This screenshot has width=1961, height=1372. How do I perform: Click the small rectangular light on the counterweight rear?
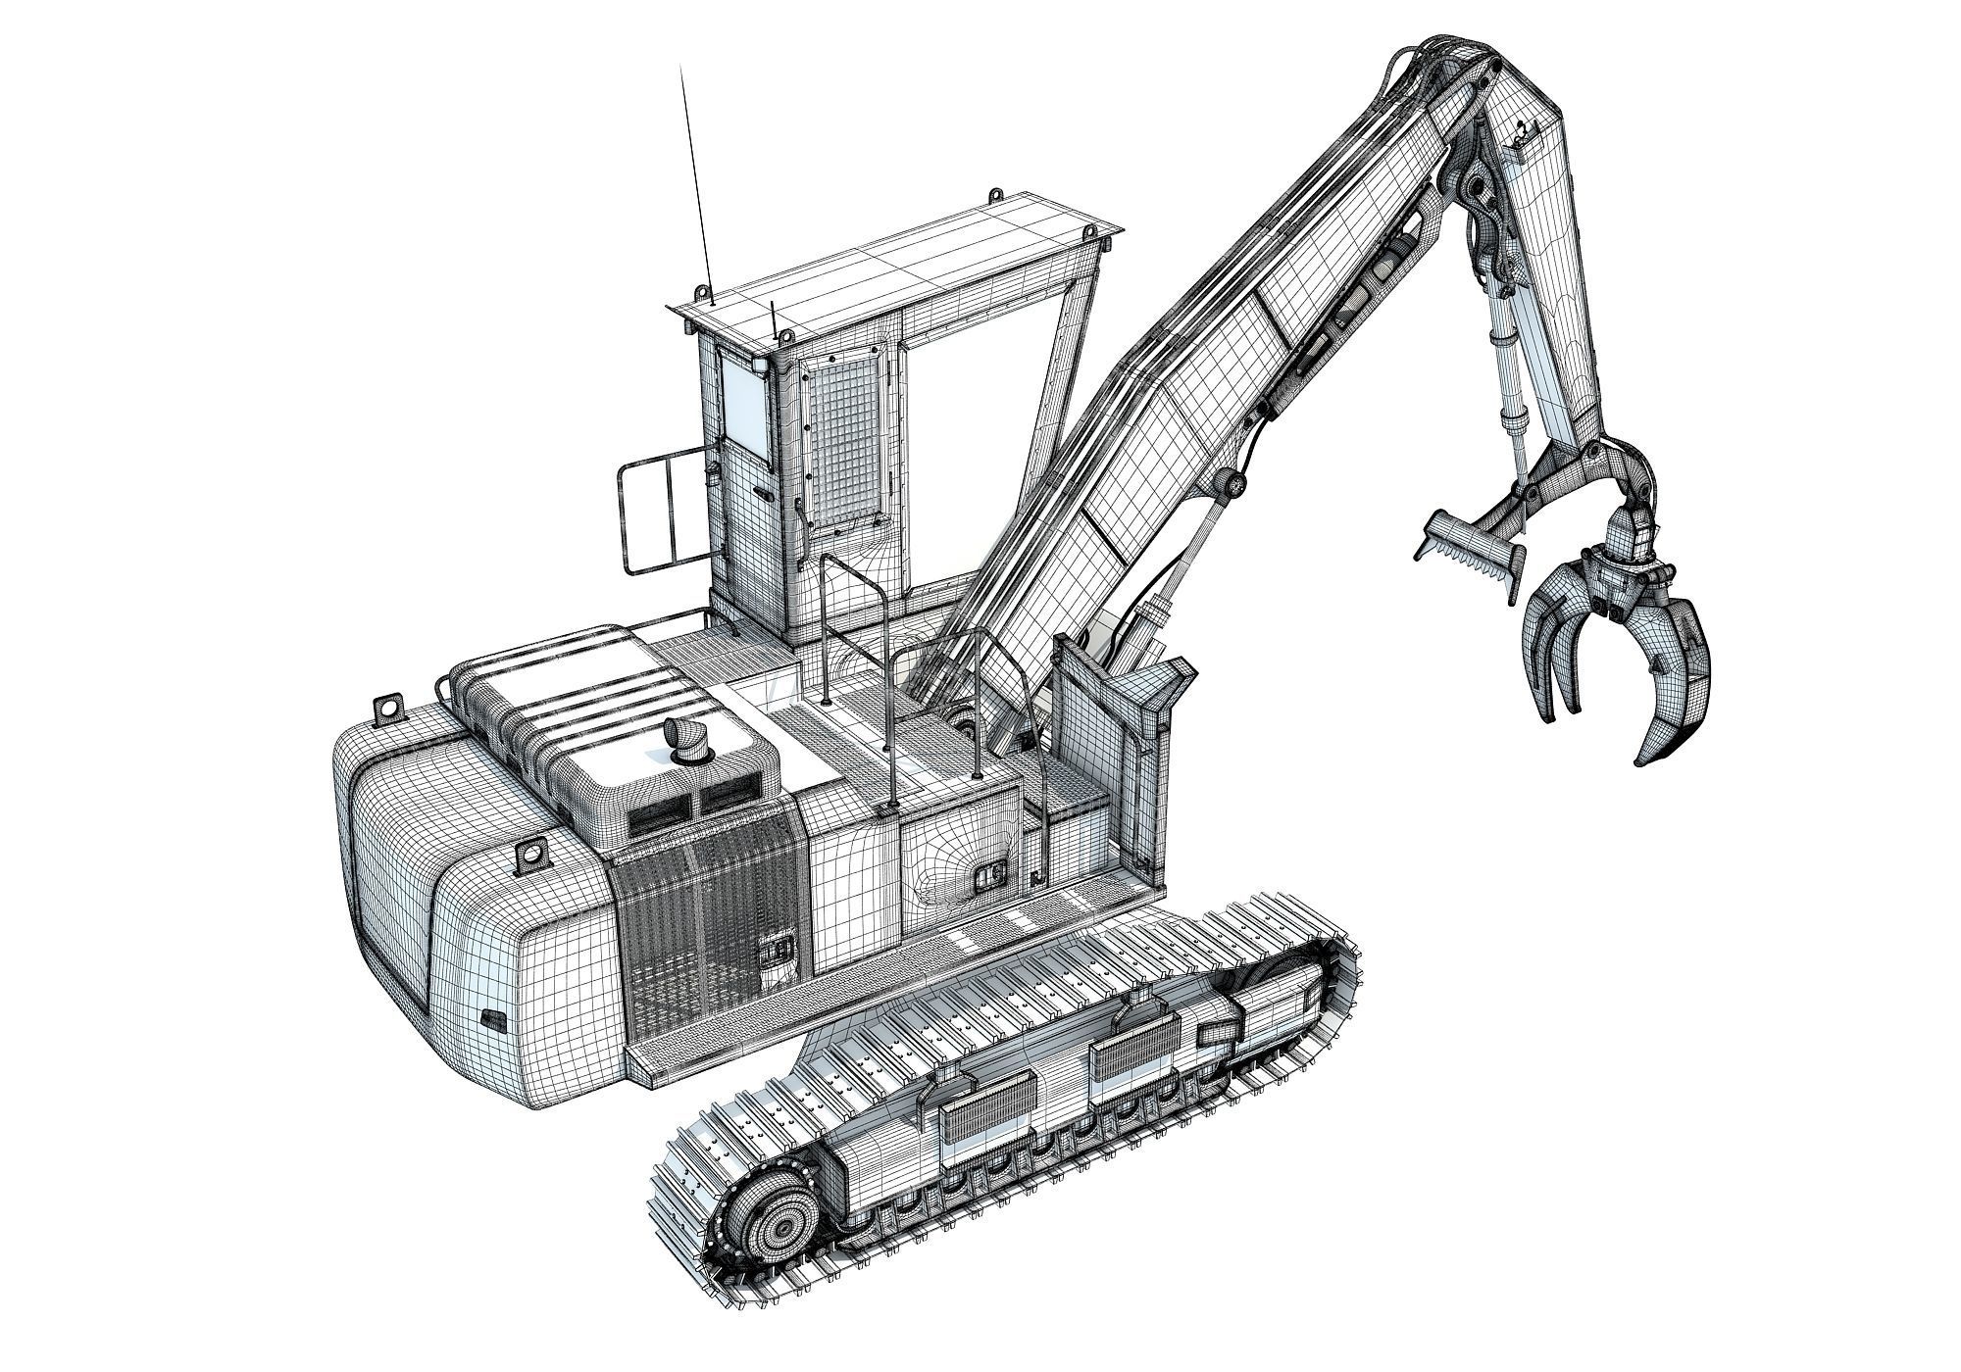[492, 1022]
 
